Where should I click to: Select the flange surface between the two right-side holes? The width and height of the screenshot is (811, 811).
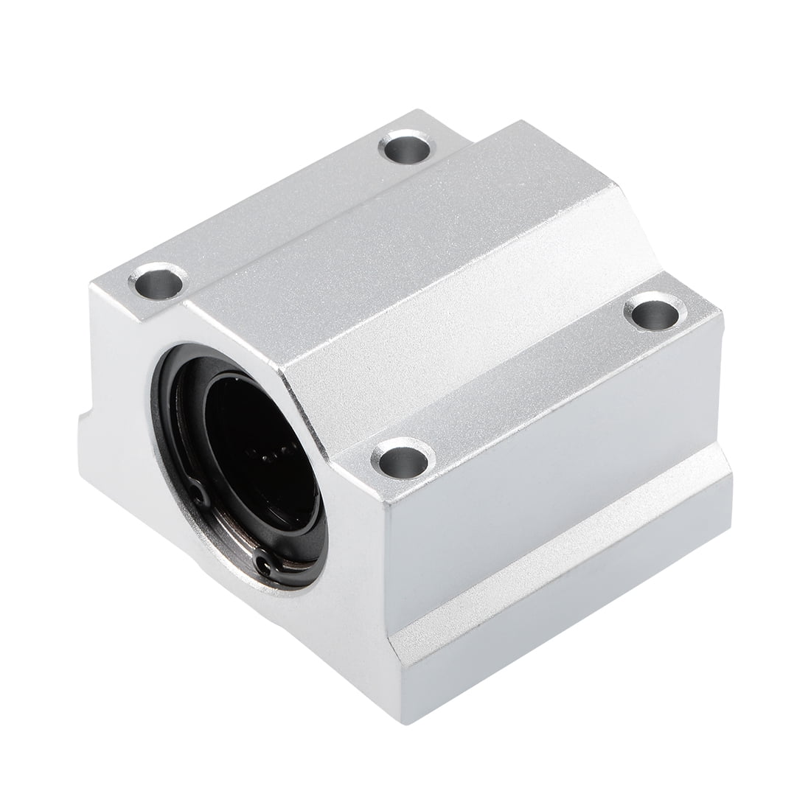[531, 383]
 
